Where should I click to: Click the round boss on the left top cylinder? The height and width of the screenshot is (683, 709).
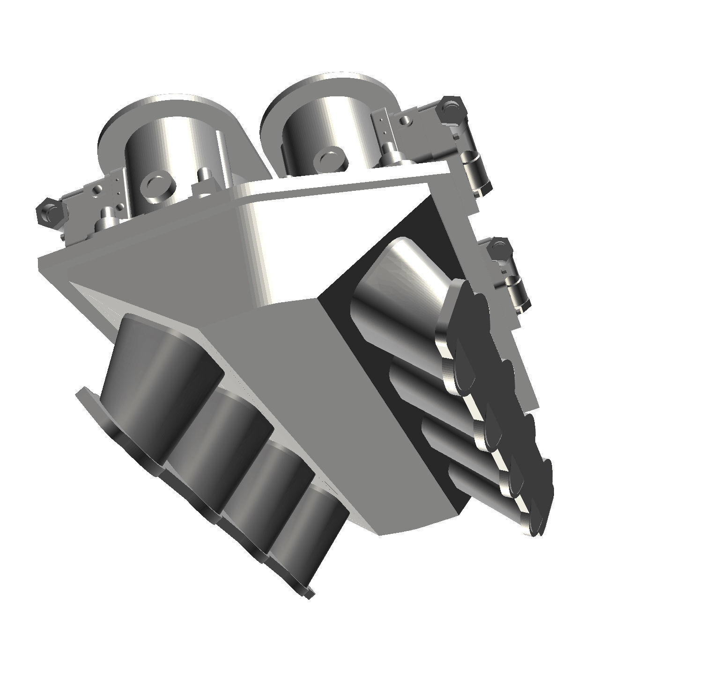coord(157,185)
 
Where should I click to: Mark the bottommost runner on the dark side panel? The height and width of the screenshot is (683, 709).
coord(482,496)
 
